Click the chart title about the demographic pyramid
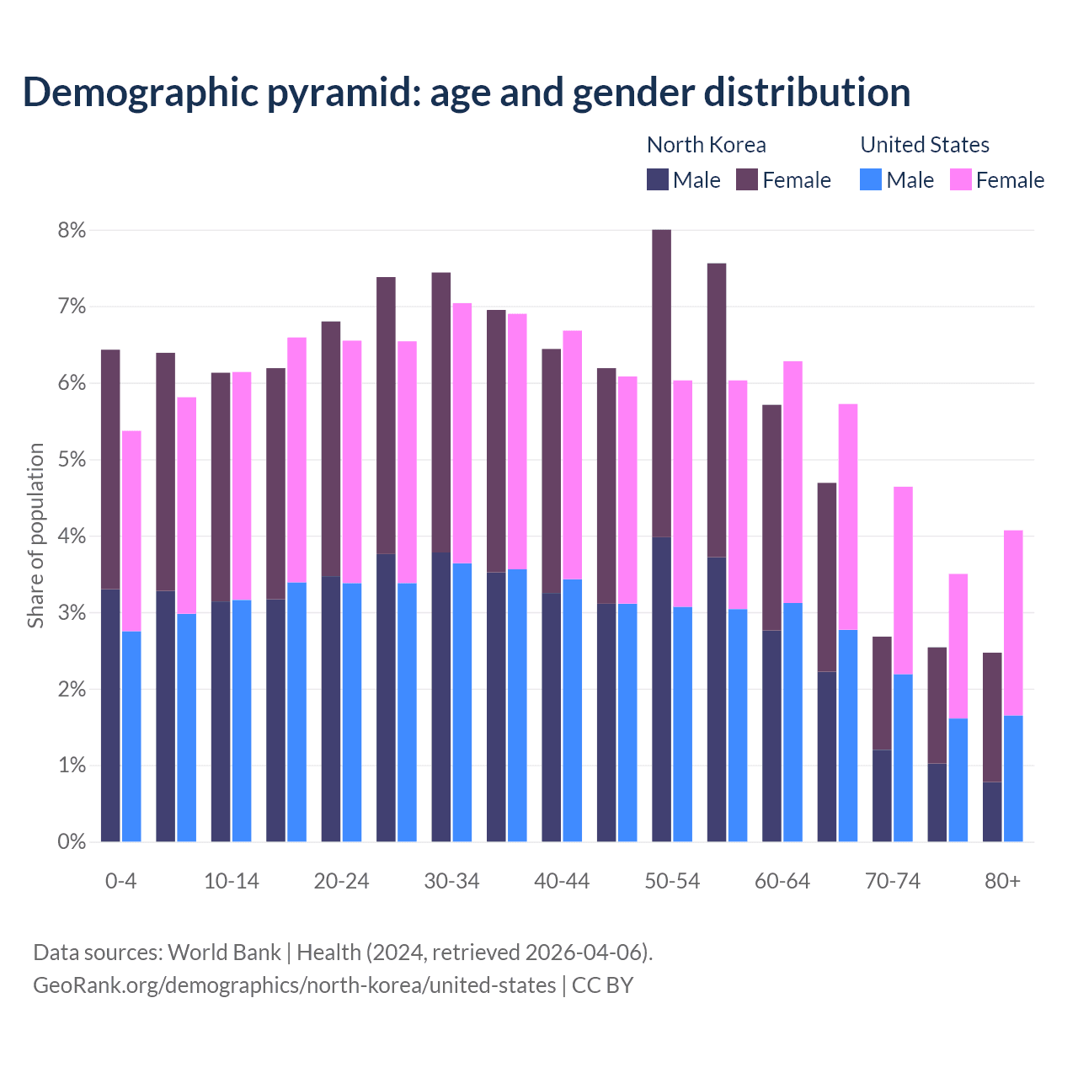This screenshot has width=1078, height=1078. (466, 93)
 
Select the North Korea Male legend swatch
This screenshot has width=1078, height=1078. (657, 179)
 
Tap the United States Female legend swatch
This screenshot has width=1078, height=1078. (960, 179)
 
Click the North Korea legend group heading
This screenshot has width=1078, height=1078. (706, 145)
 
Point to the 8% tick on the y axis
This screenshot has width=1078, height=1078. (72, 231)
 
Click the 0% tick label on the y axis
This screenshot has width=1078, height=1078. (72, 841)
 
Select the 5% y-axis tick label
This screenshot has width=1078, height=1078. (72, 460)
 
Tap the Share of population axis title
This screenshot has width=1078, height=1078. (35, 536)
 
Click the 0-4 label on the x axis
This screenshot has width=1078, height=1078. (120, 881)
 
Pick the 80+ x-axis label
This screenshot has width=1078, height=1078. (1002, 881)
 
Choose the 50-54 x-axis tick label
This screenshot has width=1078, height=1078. (672, 881)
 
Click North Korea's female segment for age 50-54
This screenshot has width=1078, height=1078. (662, 383)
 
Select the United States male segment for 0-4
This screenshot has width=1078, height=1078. (131, 736)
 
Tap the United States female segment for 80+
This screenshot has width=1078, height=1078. (1013, 623)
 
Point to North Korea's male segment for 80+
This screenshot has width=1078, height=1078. (992, 812)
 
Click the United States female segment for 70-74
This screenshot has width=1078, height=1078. (903, 580)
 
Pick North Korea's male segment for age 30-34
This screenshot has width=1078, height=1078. (441, 696)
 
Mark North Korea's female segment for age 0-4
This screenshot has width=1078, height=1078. (110, 469)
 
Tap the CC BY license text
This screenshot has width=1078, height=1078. (602, 985)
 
